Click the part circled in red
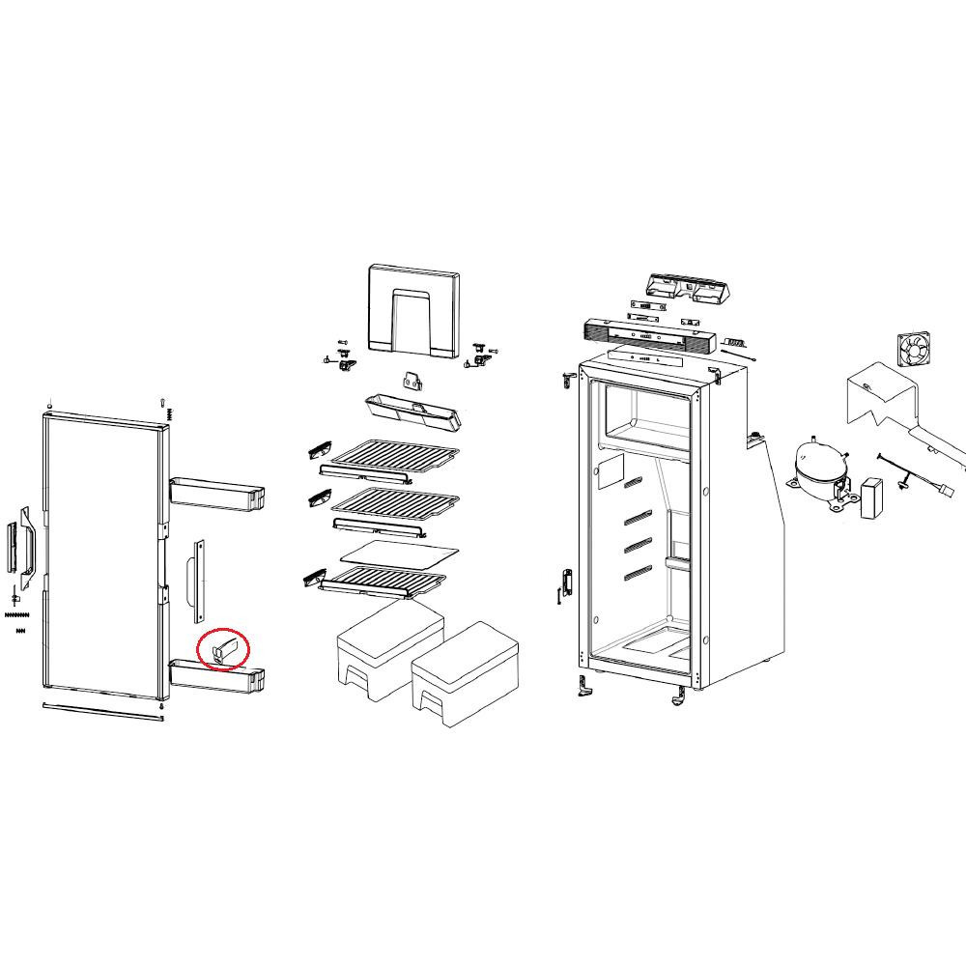223,650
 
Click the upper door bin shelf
216,493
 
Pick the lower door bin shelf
218,673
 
